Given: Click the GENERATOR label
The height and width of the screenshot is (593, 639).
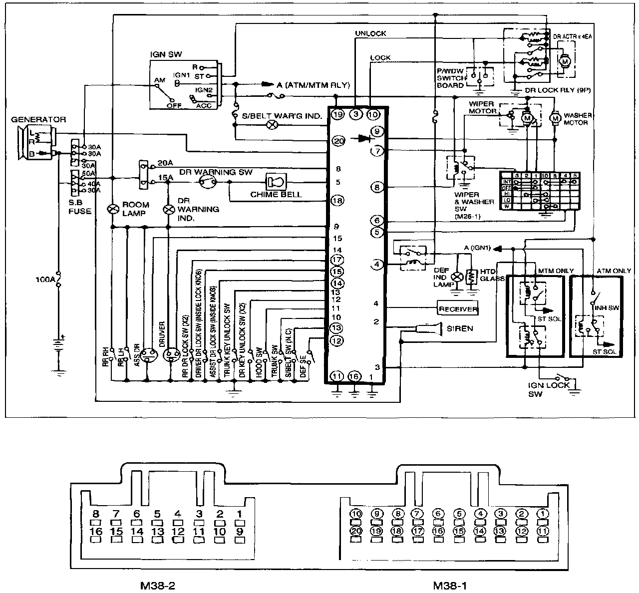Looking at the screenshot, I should [39, 120].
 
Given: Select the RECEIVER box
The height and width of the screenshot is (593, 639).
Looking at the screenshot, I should [457, 309].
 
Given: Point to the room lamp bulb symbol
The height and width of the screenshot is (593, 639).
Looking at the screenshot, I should [112, 209].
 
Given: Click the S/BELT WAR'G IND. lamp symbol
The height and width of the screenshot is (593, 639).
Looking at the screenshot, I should [273, 125].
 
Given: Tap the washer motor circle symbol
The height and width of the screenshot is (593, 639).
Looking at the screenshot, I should [555, 118].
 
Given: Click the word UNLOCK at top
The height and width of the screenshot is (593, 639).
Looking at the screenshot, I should [370, 33].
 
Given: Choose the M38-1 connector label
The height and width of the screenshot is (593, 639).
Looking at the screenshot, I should [450, 585].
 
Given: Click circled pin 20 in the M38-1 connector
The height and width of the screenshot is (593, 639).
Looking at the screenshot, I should [356, 531].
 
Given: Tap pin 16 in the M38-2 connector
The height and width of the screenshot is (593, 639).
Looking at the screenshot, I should [96, 532].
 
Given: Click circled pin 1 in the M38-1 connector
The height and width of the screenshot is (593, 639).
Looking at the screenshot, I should [542, 514].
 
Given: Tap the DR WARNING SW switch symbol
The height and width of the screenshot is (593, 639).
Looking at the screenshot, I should [206, 182].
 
